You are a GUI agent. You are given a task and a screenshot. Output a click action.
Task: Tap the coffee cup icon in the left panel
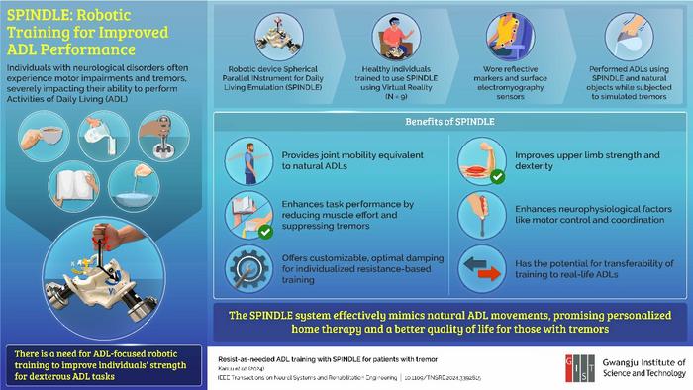[x=34, y=134]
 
